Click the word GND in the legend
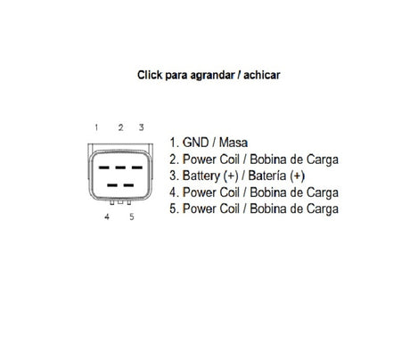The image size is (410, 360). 195,143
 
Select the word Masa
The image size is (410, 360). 234,143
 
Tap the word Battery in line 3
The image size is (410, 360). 201,176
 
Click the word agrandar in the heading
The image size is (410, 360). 212,76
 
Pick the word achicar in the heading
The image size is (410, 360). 262,75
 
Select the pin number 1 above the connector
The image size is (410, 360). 96,127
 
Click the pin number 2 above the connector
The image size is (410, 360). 120,127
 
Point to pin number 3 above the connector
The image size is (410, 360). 142,127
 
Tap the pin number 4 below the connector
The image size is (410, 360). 107,217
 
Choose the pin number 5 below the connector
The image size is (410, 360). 132,217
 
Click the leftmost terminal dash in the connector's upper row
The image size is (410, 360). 104,168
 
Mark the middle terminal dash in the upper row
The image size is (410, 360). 120,168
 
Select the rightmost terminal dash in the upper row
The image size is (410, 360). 137,168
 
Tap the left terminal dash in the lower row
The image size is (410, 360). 112,185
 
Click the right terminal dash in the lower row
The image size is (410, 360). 128,185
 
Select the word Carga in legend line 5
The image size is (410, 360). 323,209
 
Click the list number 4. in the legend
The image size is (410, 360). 174,192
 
